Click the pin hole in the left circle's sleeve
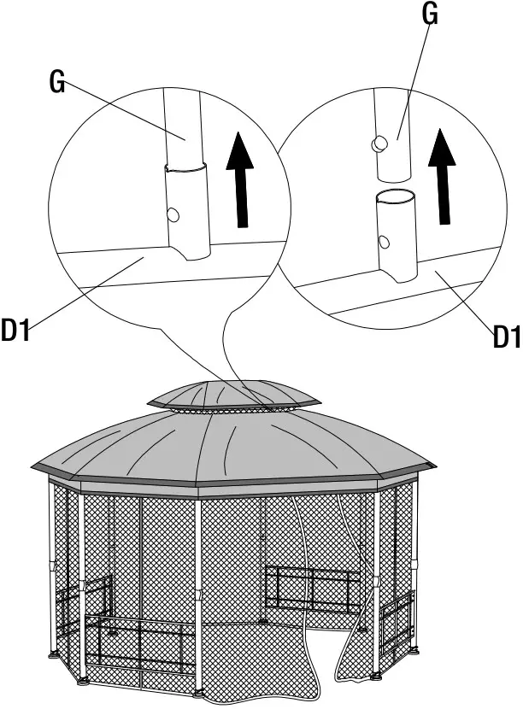(x=173, y=213)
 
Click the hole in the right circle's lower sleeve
(x=385, y=242)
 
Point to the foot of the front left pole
(x=83, y=681)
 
